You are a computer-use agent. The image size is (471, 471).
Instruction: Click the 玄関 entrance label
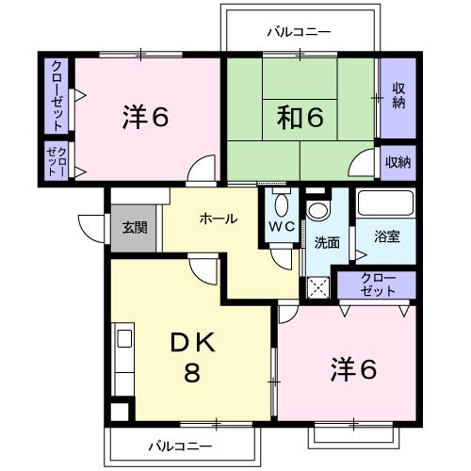coord(135,228)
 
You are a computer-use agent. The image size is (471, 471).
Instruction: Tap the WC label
coord(282,226)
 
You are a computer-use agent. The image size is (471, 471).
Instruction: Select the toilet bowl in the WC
coord(282,204)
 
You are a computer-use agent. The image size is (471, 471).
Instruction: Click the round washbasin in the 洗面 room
coord(317,210)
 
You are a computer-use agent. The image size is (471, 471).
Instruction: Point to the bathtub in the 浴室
coord(386,203)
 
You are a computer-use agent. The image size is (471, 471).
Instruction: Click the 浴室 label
coord(387,236)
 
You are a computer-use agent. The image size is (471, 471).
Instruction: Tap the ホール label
coord(219,219)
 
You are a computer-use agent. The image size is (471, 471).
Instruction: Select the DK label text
coord(193,342)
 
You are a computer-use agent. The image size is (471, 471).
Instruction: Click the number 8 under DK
coord(192,372)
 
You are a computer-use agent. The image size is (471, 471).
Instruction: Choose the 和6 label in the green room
coord(300,117)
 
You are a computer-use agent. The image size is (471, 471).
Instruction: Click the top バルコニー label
coord(299,32)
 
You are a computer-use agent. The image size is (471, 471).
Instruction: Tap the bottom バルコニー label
coord(180,447)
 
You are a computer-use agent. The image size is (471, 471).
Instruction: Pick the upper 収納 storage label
coord(398,96)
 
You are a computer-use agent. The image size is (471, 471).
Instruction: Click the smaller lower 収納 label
coord(398,162)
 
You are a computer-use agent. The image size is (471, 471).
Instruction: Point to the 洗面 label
coord(327,242)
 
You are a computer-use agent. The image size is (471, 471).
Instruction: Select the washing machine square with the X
coord(318,287)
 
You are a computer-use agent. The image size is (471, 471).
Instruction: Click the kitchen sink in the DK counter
coord(124,339)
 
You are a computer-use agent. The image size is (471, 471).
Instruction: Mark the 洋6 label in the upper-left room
coord(146,117)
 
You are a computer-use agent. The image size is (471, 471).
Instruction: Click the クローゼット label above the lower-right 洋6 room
coord(378,284)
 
